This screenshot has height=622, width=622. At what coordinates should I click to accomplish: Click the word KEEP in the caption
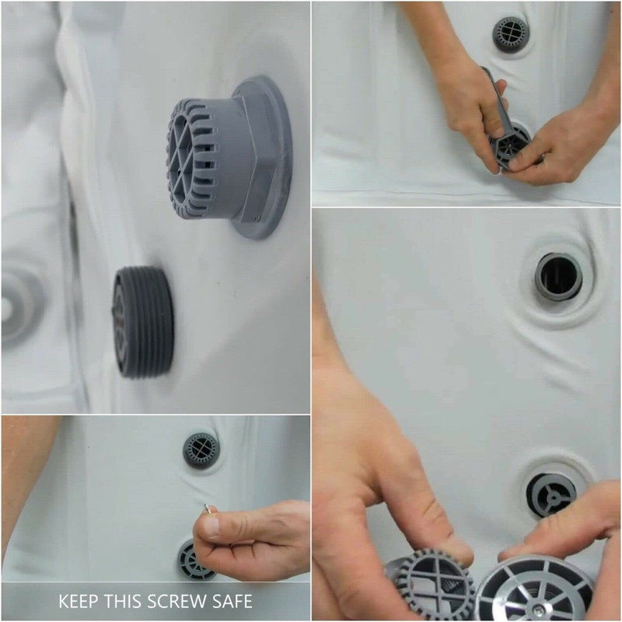pos(81,601)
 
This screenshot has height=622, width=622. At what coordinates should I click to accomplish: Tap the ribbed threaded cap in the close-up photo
pos(142,321)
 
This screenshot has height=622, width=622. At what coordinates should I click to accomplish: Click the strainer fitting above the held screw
pos(201,449)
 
